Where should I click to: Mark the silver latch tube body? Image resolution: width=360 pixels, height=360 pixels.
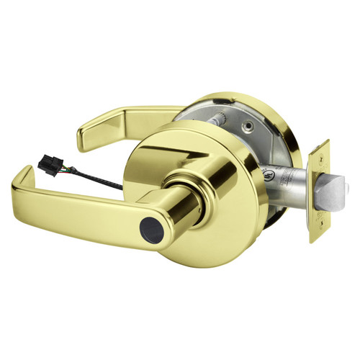click(288, 187)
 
